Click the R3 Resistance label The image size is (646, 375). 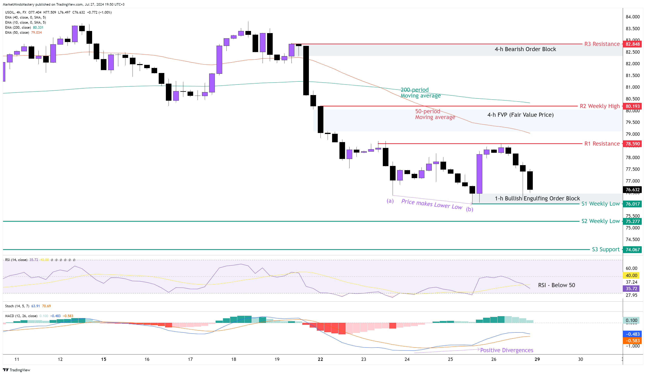602,44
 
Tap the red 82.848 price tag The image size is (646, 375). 632,44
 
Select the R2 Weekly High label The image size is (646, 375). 599,106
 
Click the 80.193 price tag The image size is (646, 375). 632,106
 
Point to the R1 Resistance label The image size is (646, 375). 602,144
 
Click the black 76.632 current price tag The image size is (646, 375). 632,190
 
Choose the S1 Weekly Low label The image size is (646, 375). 600,204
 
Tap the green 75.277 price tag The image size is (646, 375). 632,221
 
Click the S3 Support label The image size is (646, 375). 606,249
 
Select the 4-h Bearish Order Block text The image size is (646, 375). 525,49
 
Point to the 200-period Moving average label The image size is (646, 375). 420,93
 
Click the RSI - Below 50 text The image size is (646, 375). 556,285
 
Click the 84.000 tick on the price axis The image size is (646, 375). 632,17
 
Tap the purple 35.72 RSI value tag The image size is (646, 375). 631,289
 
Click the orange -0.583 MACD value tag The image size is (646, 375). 632,341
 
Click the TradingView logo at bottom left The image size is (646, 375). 16,370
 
